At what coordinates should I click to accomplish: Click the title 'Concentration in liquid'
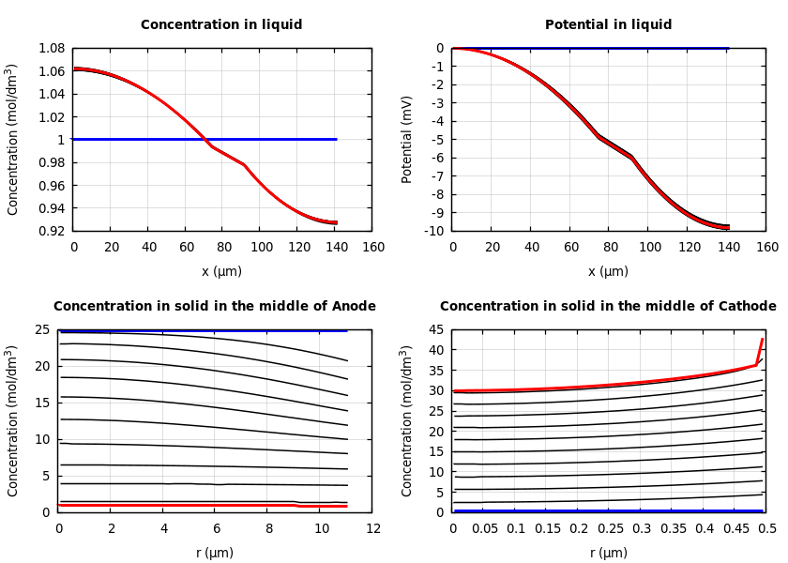tap(221, 25)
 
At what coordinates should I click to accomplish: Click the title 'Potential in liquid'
tap(608, 25)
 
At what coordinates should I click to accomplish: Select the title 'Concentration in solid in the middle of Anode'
tap(215, 307)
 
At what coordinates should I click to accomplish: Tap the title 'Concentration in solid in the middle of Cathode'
tap(608, 307)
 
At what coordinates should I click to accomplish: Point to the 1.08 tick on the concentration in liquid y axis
tap(50, 48)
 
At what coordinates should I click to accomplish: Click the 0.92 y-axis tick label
tap(50, 231)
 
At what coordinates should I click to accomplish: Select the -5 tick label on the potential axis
tap(436, 140)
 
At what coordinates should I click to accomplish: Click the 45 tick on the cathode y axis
tap(435, 329)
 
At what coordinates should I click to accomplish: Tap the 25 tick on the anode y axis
tap(41, 329)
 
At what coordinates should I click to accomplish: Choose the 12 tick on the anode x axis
tap(373, 529)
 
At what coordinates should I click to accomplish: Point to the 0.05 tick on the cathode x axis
tap(484, 529)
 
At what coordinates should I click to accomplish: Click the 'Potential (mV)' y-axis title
tap(407, 139)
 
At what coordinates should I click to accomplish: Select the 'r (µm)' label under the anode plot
tap(215, 553)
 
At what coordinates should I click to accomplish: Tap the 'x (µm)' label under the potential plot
tap(608, 271)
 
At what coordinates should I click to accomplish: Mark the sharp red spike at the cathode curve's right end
tap(762, 340)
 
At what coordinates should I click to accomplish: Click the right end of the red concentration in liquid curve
tap(337, 223)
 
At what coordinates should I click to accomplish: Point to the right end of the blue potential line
tap(728, 48)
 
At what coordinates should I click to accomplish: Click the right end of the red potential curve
tap(728, 228)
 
